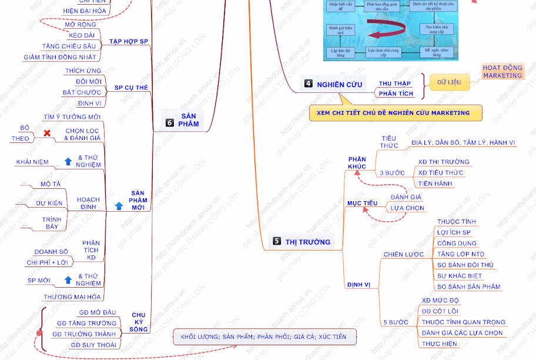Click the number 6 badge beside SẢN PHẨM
tap(170, 123)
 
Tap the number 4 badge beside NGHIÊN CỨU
tap(309, 84)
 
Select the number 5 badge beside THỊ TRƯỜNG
tap(277, 241)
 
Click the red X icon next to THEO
tap(47, 134)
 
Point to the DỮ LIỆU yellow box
tap(450, 82)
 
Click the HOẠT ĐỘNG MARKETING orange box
tap(503, 72)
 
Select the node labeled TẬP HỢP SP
tap(128, 42)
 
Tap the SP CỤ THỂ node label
tap(130, 87)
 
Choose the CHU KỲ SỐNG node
tap(139, 322)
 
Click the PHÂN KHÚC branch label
tap(357, 163)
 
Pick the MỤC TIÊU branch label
tap(362, 203)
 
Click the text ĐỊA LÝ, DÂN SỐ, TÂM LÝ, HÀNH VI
tap(463, 143)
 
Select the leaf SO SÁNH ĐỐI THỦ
tap(465, 265)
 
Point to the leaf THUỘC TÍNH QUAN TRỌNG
tap(463, 322)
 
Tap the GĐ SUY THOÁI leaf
tap(93, 345)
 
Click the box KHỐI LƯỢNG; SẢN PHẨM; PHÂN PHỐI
tap(264, 337)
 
